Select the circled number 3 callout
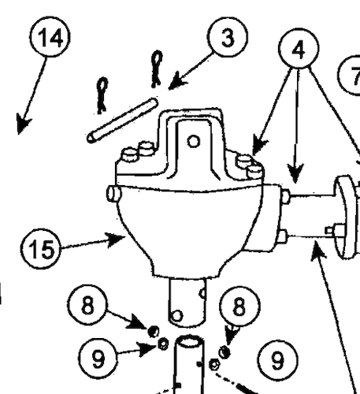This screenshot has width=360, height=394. (x=227, y=39)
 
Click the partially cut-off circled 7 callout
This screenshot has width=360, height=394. (x=351, y=76)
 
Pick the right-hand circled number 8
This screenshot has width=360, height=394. (x=244, y=306)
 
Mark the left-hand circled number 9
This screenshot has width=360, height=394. (x=98, y=359)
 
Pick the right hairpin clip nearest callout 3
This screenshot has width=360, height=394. (x=157, y=68)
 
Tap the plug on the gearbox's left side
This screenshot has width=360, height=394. (x=112, y=192)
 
